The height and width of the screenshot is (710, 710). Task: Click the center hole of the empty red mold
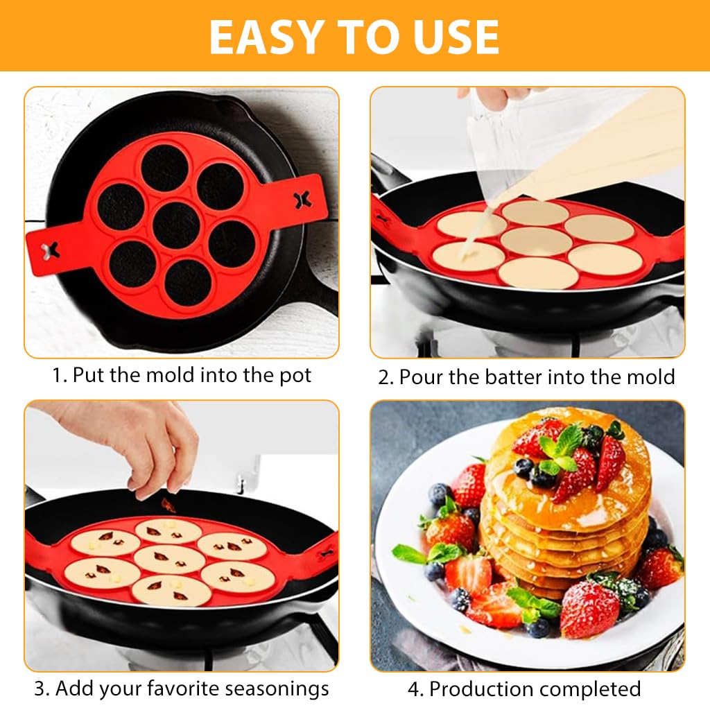[177, 225]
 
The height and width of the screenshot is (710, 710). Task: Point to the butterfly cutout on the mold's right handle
[302, 200]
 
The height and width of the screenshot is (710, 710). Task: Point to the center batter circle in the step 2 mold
[536, 241]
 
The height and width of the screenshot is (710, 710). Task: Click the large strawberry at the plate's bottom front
[589, 609]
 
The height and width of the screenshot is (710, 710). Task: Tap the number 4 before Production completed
[414, 689]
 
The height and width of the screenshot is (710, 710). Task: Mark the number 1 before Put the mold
[58, 375]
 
